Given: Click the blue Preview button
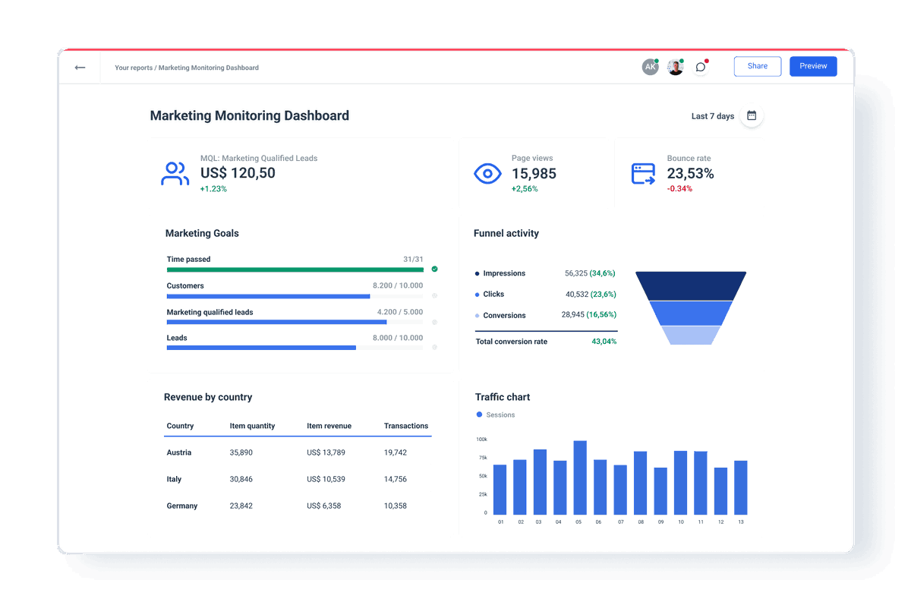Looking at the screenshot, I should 813,66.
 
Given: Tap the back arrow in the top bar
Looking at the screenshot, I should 80,68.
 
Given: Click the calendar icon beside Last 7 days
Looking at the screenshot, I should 752,116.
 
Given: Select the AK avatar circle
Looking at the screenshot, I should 650,68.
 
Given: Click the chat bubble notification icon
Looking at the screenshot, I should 701,68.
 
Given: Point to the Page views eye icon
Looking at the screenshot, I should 487,174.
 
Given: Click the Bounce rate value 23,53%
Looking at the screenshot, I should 690,174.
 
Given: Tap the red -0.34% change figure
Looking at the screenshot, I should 679,189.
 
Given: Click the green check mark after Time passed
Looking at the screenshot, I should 434,269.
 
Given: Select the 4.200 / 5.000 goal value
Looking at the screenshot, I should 400,312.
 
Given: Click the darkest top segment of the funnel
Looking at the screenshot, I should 691,285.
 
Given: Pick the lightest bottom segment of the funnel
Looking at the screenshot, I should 691,336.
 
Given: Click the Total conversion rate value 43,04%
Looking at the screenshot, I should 604,342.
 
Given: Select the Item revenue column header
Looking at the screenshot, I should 329,426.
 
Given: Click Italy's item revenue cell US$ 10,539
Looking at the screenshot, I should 326,479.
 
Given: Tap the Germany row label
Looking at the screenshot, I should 182,506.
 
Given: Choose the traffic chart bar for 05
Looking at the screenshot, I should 580,478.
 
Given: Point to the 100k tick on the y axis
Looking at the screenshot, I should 481,440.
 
